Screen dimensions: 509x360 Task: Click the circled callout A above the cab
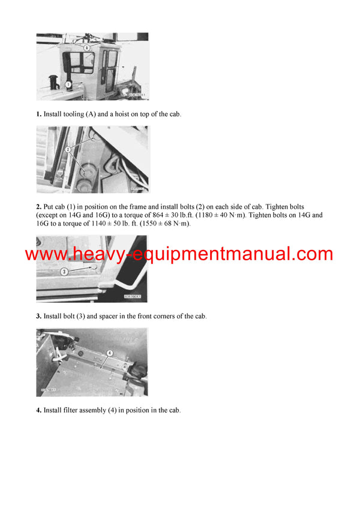(88, 46)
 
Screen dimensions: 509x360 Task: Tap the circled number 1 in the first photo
(68, 85)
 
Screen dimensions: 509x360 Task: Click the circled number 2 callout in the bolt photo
(68, 149)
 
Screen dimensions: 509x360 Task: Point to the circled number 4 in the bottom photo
(110, 353)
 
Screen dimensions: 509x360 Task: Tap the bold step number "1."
(38, 114)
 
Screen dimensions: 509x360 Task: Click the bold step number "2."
(38, 207)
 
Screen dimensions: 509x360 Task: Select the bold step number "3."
(38, 316)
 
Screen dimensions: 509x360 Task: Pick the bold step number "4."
(38, 410)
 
